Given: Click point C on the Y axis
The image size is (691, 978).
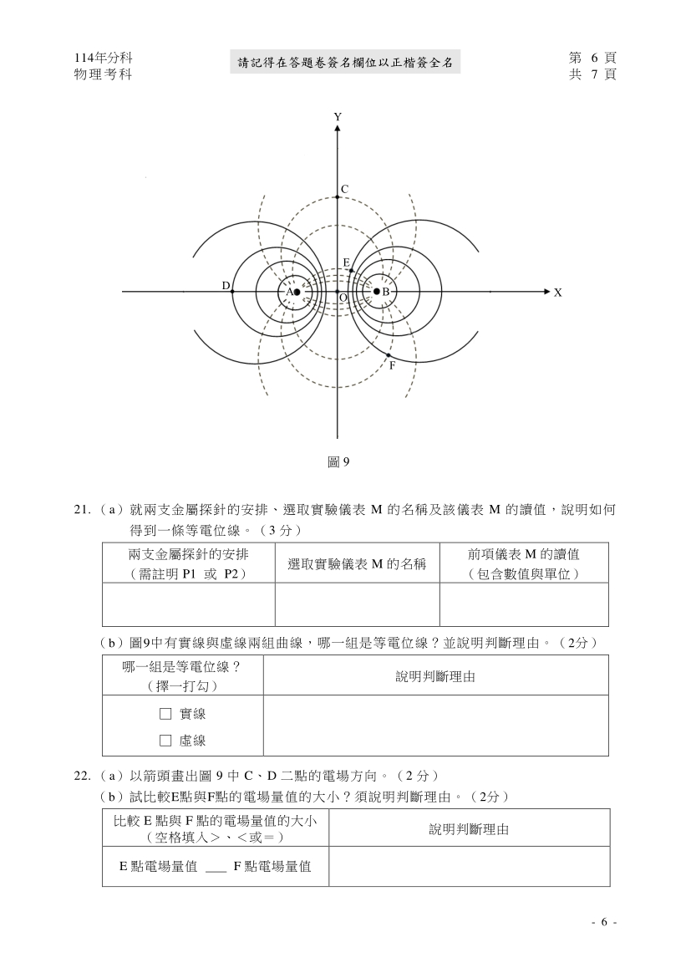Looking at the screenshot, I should coord(338,196).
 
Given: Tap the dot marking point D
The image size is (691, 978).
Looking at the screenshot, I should coord(232,292).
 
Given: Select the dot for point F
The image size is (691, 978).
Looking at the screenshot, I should coord(389,355).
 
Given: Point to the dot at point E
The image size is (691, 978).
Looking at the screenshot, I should coord(351,270).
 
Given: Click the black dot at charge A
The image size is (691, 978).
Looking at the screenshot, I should coord(297,292).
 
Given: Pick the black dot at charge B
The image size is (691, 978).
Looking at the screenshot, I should coord(376,292).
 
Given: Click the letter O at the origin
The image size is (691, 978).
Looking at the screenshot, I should coord(343,298).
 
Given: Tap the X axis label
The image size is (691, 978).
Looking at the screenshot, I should coord(557,293).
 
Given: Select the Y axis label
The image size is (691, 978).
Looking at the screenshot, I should coord(338,117).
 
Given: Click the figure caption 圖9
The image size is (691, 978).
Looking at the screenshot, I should coord(338,461).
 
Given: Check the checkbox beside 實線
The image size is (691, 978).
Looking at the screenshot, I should coord(165,714).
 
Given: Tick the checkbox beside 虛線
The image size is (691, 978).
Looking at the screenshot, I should coord(165,741).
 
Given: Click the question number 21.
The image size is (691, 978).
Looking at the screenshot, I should coord(82,509).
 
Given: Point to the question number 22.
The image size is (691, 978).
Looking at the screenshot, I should coord(82,775).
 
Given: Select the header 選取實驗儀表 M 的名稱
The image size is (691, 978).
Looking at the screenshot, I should coord(357,563).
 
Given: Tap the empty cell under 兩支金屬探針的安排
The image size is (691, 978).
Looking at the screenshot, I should coord(188,605).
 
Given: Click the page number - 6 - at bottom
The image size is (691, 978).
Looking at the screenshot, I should coord(603,922).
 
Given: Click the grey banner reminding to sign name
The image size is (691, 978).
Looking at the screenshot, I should coord(344,61).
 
